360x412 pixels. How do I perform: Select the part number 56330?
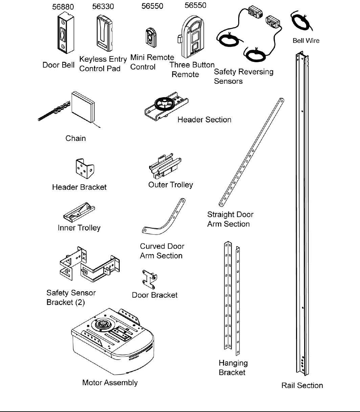coord(104,7)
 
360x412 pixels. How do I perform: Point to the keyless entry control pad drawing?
coord(104,34)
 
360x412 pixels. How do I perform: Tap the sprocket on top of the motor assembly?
coord(104,325)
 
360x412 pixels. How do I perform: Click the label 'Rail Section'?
coord(302,385)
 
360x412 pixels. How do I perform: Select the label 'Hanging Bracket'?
coord(233,368)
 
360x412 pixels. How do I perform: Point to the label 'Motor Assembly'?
coord(110,383)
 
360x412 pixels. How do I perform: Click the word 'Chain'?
coord(75,138)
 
